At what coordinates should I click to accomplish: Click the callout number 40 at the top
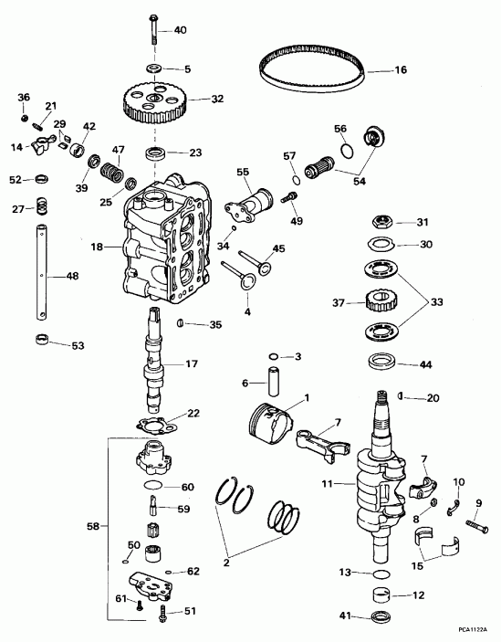[x=179, y=30]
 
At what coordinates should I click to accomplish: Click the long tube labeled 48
[x=42, y=274]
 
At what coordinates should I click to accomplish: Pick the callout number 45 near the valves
[x=278, y=248]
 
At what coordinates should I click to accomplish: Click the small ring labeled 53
[x=40, y=342]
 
